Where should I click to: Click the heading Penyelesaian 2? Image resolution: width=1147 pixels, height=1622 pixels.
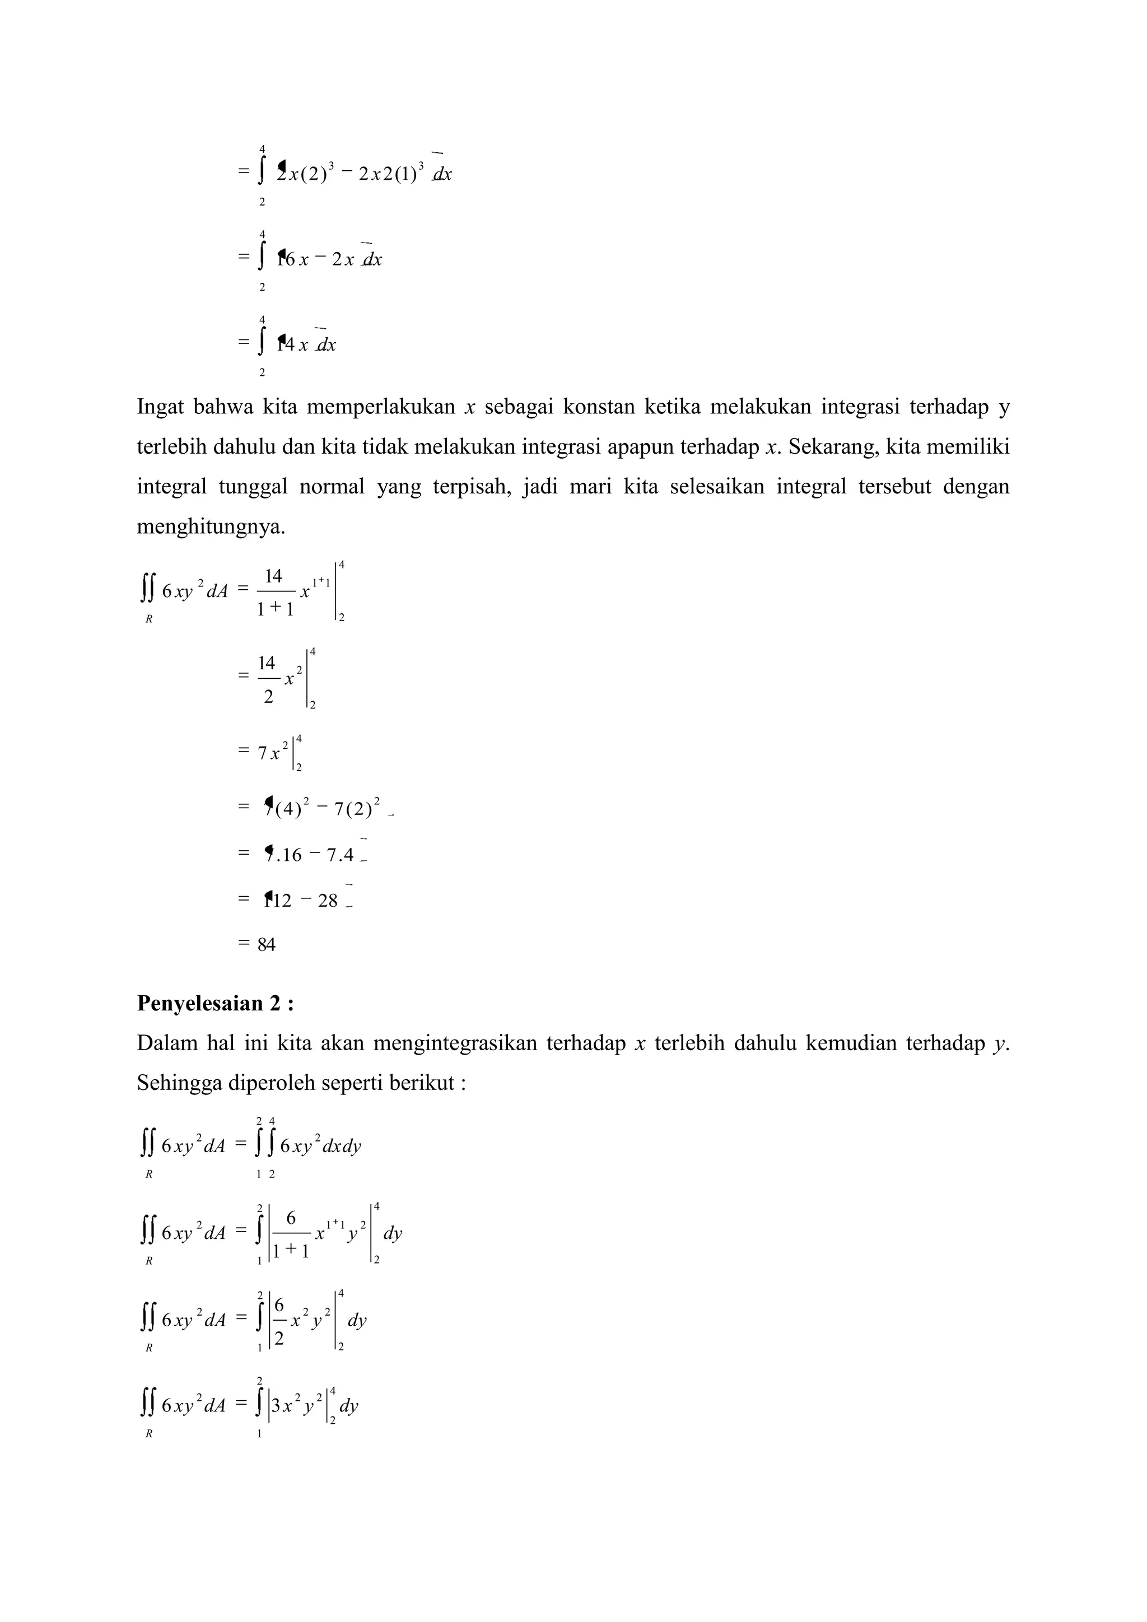coord(216,1003)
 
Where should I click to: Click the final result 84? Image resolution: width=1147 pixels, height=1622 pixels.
coord(266,944)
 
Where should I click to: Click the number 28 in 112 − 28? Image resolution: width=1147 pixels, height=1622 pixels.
coord(328,901)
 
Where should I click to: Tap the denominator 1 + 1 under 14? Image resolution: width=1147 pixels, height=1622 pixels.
coord(276,609)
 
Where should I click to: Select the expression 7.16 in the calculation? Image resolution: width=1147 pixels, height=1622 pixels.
coord(284,855)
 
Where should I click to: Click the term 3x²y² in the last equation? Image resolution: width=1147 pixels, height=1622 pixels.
coord(297,1406)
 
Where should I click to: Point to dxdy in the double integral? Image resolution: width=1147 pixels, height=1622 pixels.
coord(342,1146)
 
